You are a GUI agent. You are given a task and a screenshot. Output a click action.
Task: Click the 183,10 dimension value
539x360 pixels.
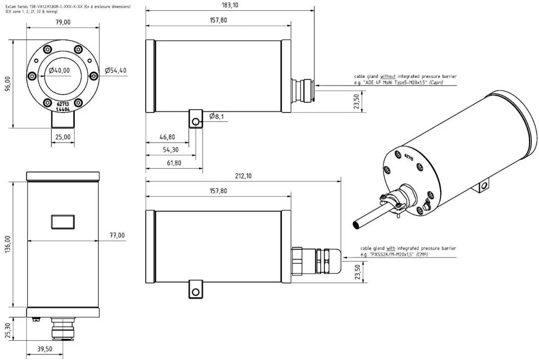(230, 5)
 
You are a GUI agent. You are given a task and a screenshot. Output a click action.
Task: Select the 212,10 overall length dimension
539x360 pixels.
(243, 176)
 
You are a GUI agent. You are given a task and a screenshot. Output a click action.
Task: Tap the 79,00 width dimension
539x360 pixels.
(63, 22)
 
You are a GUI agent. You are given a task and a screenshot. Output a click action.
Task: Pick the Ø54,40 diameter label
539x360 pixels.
(116, 70)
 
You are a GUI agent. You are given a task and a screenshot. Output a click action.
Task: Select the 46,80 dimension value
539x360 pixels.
(167, 137)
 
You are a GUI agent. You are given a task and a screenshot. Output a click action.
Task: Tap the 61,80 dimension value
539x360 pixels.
(174, 163)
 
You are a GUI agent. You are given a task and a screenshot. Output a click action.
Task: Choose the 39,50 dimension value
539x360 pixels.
(44, 348)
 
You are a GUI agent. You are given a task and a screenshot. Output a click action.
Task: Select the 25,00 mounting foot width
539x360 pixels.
(63, 137)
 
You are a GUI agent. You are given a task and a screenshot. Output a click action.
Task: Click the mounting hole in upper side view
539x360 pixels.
(195, 121)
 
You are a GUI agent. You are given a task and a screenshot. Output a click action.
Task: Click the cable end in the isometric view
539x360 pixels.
(357, 224)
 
